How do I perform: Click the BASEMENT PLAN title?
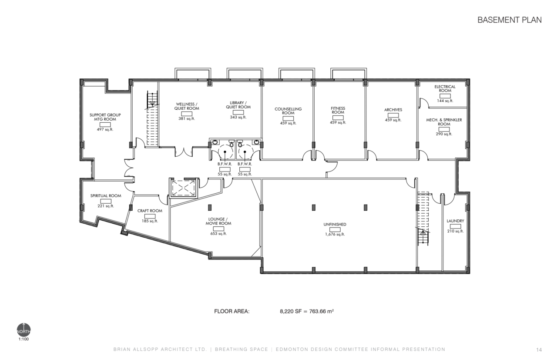(x=510, y=20)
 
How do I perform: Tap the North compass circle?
(x=23, y=330)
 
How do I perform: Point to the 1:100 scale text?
(x=23, y=339)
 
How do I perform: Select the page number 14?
(x=539, y=350)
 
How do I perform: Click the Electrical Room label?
(x=445, y=88)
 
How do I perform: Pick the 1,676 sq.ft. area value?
(x=335, y=234)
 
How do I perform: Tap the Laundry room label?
(x=455, y=221)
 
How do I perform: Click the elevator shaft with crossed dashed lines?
(x=183, y=188)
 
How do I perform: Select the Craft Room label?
(x=150, y=211)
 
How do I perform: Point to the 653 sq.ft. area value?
(x=218, y=234)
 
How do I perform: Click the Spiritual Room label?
(x=106, y=196)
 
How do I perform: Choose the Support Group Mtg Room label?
(x=105, y=117)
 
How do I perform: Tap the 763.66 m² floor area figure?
(x=322, y=311)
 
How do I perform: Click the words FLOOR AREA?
(x=232, y=312)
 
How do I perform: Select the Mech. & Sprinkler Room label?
(x=444, y=122)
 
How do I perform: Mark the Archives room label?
(x=393, y=110)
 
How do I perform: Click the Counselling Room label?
(x=288, y=111)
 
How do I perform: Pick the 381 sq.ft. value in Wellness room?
(x=187, y=119)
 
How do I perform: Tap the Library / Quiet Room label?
(x=238, y=105)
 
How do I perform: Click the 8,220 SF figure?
(x=291, y=311)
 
